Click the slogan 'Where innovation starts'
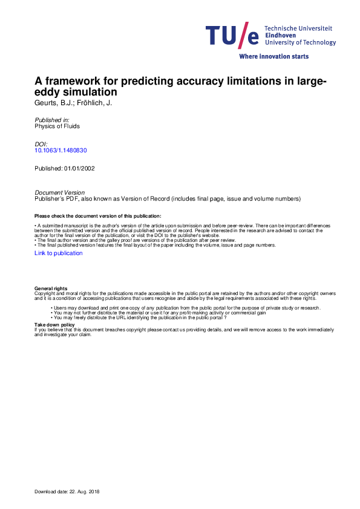tap(274, 56)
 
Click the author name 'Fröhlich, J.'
tap(96, 103)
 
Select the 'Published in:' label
tap(52, 121)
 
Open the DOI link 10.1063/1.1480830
tap(61, 151)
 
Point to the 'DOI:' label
tap(42, 144)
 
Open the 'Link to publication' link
tap(59, 253)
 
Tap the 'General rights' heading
tap(51, 289)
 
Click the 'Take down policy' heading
tap(54, 325)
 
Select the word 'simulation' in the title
tap(88, 93)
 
